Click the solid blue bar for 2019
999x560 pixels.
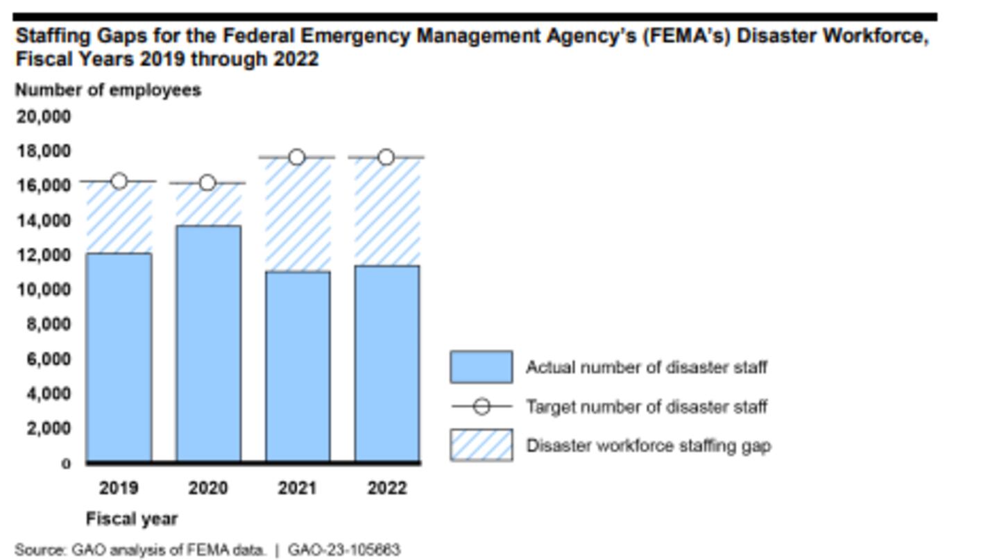tap(119, 357)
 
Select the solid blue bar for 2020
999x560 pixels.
tap(208, 343)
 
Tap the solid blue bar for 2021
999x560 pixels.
tap(298, 366)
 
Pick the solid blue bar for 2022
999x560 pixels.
tap(387, 363)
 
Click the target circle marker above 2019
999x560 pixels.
tap(119, 181)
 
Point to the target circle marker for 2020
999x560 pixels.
tap(207, 183)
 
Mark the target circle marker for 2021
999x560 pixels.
tap(297, 158)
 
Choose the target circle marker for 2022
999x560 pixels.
tap(386, 158)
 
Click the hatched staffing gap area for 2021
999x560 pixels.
tap(298, 215)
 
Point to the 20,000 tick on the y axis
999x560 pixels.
tap(44, 117)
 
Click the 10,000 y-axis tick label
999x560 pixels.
tap(44, 289)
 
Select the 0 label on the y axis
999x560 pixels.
tap(66, 464)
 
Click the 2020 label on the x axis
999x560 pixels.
tap(208, 489)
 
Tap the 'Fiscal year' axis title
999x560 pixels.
tap(132, 519)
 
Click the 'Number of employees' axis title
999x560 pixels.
tap(108, 90)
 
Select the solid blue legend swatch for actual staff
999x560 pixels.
tap(481, 367)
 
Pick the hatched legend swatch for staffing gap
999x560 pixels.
tap(481, 445)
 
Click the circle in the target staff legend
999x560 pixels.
tap(481, 406)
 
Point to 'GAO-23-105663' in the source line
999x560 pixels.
tap(344, 550)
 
